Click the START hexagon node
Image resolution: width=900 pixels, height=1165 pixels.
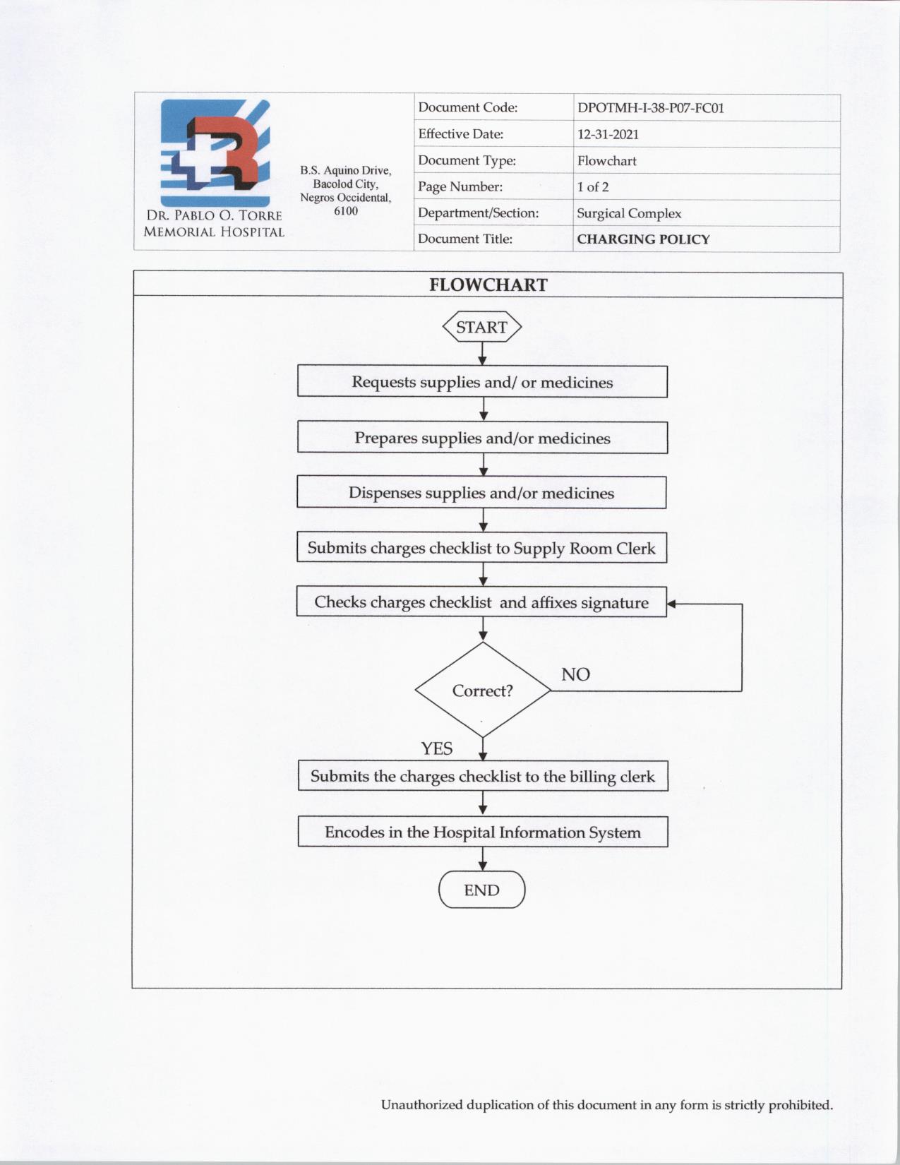coord(481,327)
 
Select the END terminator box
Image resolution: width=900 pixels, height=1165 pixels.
coord(482,890)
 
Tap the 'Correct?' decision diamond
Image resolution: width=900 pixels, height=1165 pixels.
coord(483,691)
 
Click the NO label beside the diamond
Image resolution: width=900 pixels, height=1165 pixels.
coord(575,674)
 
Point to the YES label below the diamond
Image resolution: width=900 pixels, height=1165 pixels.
coord(437,748)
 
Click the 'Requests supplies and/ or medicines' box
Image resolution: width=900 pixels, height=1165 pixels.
coord(482,382)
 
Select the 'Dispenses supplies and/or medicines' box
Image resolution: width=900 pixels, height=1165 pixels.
coord(481,493)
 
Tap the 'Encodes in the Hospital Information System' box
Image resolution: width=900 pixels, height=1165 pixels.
coord(483,832)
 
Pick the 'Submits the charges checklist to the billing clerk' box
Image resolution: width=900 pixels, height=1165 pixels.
coord(483,776)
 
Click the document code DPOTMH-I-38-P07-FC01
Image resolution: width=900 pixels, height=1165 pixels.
coord(650,108)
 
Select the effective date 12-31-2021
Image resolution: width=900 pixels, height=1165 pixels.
coord(608,134)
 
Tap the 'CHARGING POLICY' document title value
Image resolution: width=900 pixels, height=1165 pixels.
coord(643,239)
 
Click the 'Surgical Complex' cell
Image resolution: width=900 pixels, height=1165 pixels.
coord(629,213)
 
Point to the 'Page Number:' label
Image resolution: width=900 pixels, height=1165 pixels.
coord(460,187)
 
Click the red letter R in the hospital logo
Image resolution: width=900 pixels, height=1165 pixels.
coord(229,148)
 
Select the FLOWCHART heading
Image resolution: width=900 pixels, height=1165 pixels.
coord(488,285)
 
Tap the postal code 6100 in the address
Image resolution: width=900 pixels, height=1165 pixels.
coord(346,211)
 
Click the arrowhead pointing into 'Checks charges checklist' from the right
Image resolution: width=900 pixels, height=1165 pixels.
coord(671,604)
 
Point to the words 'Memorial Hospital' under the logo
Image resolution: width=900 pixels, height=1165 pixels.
coord(214,232)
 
